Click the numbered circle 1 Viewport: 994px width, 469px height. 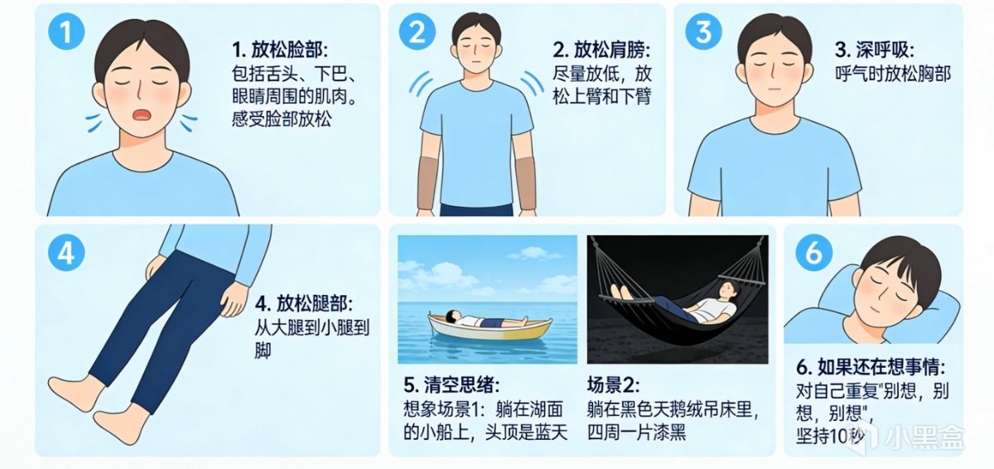[x=66, y=31]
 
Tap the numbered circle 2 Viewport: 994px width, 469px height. [x=417, y=31]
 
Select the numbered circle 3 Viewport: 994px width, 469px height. [x=703, y=31]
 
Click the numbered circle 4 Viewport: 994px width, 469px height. [x=66, y=253]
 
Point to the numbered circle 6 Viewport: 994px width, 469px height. [x=813, y=253]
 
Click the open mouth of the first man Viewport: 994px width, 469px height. [x=142, y=115]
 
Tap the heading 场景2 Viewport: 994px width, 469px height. [x=614, y=384]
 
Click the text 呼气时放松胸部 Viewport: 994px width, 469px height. [x=893, y=74]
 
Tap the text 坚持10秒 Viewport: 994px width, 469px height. [x=830, y=436]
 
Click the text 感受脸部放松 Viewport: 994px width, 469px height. [x=282, y=119]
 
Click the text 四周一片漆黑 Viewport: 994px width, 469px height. [x=637, y=432]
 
